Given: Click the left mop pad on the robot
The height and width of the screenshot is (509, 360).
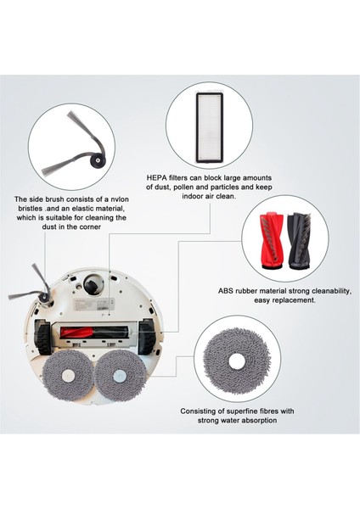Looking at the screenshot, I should pyautogui.click(x=67, y=376).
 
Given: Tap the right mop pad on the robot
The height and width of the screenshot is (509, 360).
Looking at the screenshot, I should pyautogui.click(x=121, y=376).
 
